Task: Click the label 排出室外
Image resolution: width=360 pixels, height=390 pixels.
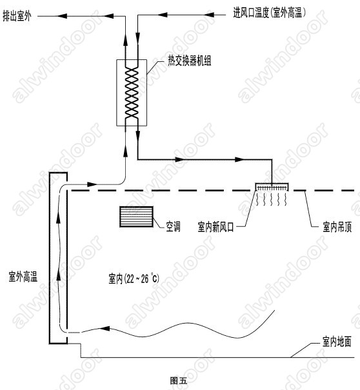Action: pos(17,16)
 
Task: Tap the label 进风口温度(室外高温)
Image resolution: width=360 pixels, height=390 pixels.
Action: pos(270,12)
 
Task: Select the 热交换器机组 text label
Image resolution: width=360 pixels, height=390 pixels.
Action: pos(190,61)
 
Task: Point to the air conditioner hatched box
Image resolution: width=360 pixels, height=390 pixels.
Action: pos(136,217)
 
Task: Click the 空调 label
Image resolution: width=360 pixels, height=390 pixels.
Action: pos(173,226)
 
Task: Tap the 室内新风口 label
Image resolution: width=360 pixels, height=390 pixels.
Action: pos(215,227)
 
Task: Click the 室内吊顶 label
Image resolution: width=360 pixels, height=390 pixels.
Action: pos(337,227)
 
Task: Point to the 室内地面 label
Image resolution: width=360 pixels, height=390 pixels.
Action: pos(337,342)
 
